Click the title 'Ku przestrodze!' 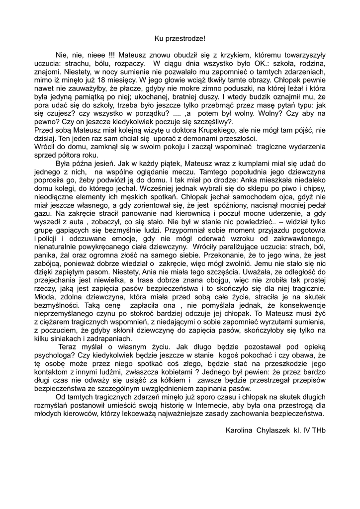pos(180,38)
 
